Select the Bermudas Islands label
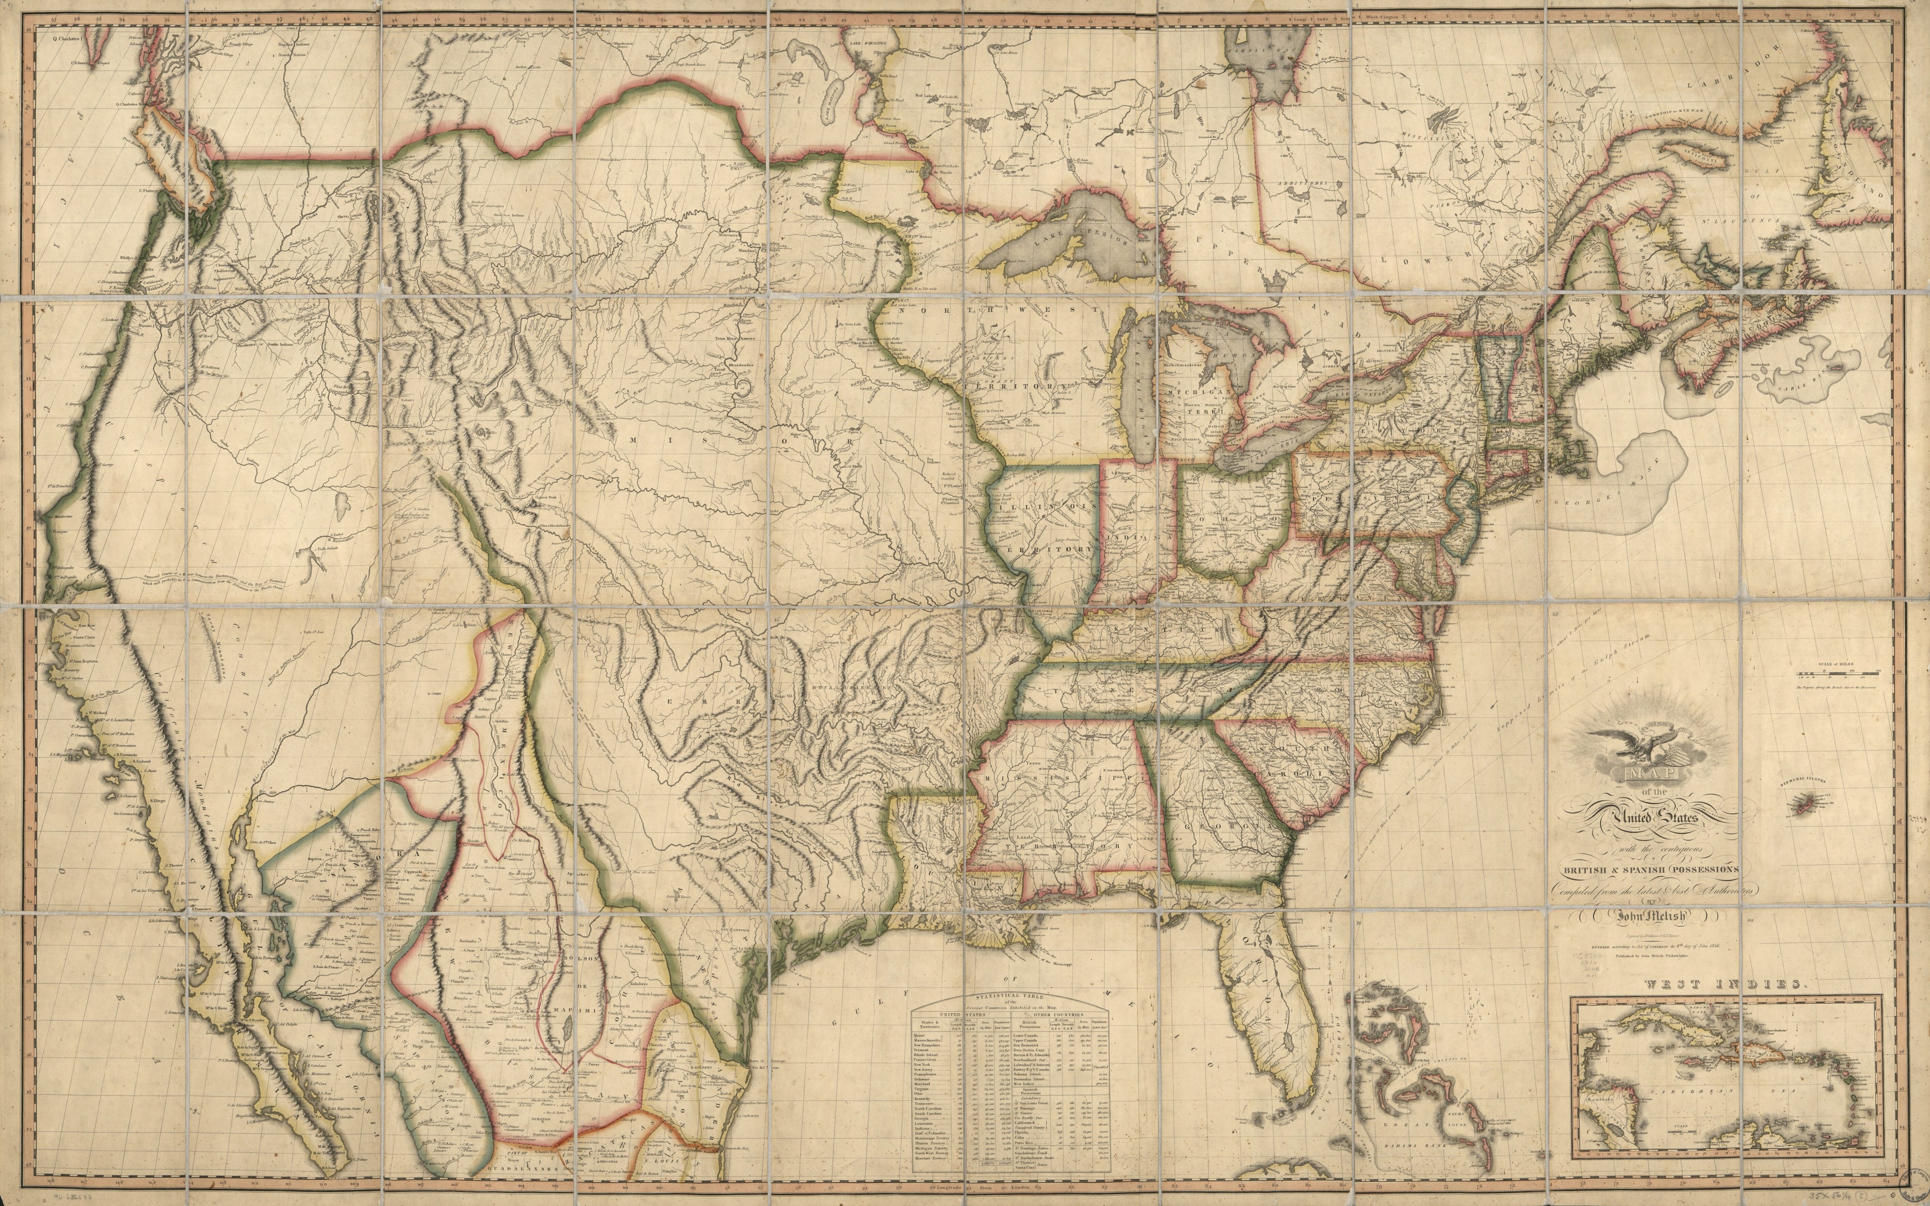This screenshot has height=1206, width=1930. pos(1804,782)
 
